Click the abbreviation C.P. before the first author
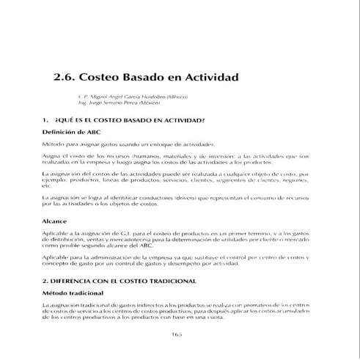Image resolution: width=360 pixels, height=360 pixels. click(x=84, y=97)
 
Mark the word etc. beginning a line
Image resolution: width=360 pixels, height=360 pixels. click(x=48, y=185)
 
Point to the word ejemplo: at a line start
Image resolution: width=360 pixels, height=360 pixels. click(x=56, y=179)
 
